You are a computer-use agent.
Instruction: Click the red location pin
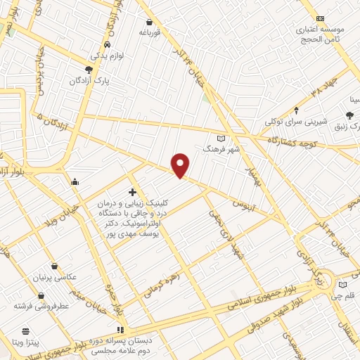[x=181, y=165]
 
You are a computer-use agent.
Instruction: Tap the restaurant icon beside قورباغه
[x=149, y=21]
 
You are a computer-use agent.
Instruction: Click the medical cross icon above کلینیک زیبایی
[x=132, y=192]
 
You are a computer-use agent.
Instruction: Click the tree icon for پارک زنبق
[x=350, y=115]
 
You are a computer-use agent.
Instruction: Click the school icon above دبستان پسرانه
[x=120, y=330]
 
